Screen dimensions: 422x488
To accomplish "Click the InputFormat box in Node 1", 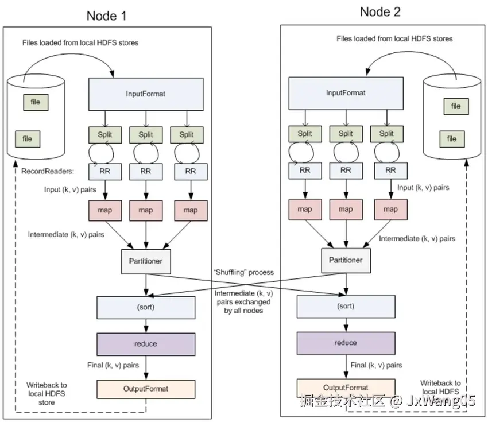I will point(146,94).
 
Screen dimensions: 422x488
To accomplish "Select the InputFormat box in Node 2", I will point(345,92).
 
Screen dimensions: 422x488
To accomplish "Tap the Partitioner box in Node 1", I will point(146,261).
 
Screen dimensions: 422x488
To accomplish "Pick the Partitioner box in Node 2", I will point(346,260).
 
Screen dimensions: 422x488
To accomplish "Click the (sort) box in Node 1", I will point(146,307).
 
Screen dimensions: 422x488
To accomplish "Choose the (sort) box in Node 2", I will point(345,306).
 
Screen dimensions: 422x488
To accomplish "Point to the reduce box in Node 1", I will point(146,344).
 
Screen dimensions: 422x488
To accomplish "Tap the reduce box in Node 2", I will point(345,343).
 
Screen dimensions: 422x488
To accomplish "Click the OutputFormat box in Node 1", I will point(146,389).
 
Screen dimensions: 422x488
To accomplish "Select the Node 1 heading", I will point(106,16).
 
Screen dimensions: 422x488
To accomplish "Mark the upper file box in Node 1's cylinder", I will point(36,102).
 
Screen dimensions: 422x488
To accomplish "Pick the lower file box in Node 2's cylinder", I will point(452,138).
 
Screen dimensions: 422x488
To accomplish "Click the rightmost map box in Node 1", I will point(191,210).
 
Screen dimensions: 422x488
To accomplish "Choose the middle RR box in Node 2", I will point(346,170).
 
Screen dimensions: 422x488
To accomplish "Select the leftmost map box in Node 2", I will point(305,210).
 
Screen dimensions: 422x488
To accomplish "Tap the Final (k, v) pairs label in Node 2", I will point(377,365).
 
